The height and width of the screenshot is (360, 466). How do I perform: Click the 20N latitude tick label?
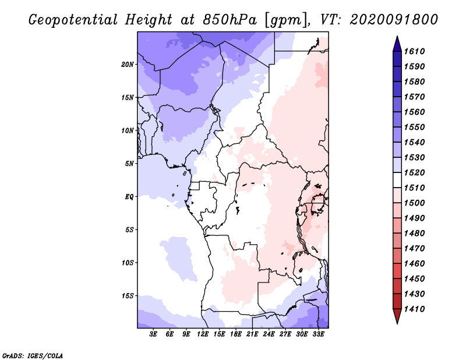(x=128, y=65)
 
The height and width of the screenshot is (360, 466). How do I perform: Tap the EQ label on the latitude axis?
(x=129, y=197)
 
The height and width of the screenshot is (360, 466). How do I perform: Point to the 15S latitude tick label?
(x=128, y=296)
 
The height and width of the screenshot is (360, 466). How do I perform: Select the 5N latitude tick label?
(x=129, y=164)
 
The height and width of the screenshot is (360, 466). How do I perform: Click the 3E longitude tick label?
(x=153, y=334)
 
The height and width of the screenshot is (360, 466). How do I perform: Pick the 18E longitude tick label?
(x=236, y=334)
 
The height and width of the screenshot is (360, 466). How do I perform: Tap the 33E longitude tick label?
(x=318, y=334)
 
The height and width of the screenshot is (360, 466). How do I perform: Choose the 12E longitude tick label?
(x=203, y=334)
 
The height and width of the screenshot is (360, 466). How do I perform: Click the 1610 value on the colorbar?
(x=415, y=51)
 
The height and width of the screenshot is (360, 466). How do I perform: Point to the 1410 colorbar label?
(x=415, y=309)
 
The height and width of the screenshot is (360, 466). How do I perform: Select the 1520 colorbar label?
(x=415, y=172)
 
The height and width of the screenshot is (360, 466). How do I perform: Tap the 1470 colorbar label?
(x=415, y=249)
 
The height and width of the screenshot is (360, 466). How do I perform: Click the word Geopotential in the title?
(x=73, y=20)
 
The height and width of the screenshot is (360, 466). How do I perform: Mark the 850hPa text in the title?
(x=230, y=20)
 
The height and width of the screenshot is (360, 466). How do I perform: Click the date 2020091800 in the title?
(x=394, y=20)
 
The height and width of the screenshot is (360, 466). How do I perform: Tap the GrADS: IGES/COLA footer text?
(x=33, y=356)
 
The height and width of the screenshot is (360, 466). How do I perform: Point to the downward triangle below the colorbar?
(x=397, y=316)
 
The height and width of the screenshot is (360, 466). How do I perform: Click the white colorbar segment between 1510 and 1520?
(x=397, y=180)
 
